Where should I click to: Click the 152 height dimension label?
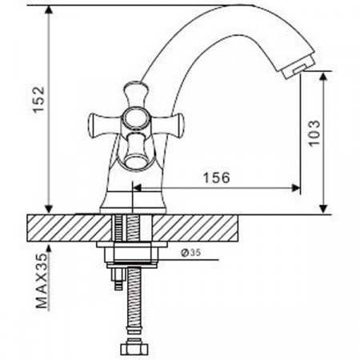38,99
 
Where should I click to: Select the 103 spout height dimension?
314,133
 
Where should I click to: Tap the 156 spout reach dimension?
216,178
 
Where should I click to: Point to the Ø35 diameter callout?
190,252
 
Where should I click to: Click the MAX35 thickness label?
42,281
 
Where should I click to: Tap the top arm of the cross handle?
135,95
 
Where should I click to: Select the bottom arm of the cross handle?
136,150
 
